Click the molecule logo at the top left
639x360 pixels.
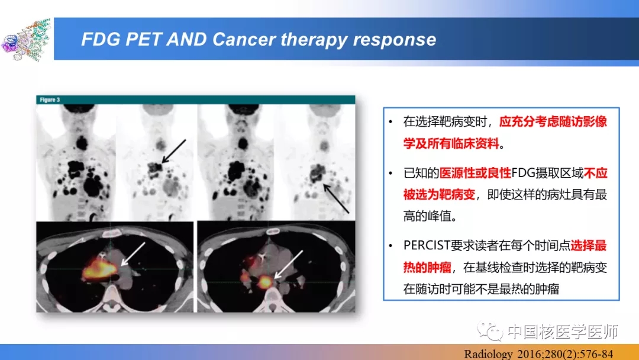tap(26, 40)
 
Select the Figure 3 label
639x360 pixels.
tap(50, 100)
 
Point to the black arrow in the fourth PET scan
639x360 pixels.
tap(336, 198)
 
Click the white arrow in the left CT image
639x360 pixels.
tap(133, 254)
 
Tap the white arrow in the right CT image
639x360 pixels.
tap(289, 265)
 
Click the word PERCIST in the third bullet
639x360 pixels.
tap(427, 246)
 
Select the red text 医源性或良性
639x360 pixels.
tap(475, 173)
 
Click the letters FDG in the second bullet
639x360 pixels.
tap(523, 173)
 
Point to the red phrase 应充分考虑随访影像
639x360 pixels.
tap(553, 121)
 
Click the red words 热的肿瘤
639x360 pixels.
tap(428, 268)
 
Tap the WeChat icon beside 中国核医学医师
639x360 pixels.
tap(490, 330)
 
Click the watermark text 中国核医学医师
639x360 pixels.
tap(563, 332)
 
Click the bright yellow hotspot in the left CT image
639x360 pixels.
tap(98, 269)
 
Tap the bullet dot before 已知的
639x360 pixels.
tap(390, 173)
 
